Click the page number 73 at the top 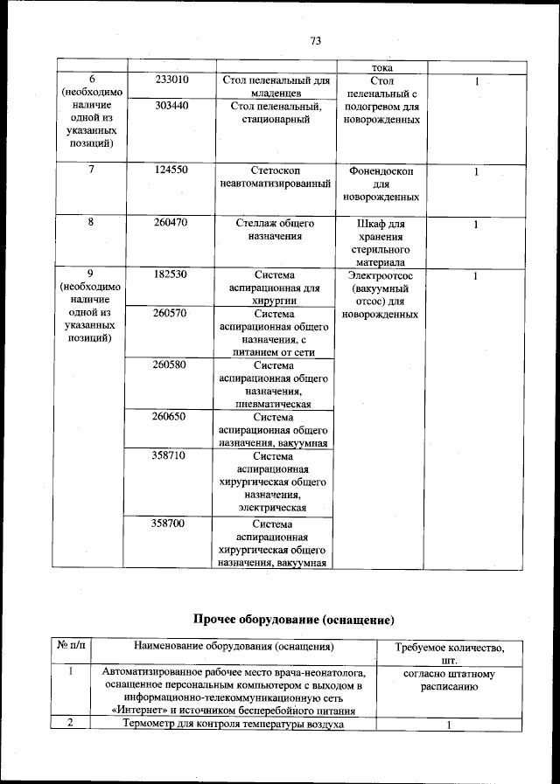[x=316, y=40]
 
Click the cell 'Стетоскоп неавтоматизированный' [x=276, y=177]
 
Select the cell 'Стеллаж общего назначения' [x=276, y=230]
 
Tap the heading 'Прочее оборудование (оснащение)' [x=294, y=620]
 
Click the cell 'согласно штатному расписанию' [x=449, y=681]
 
